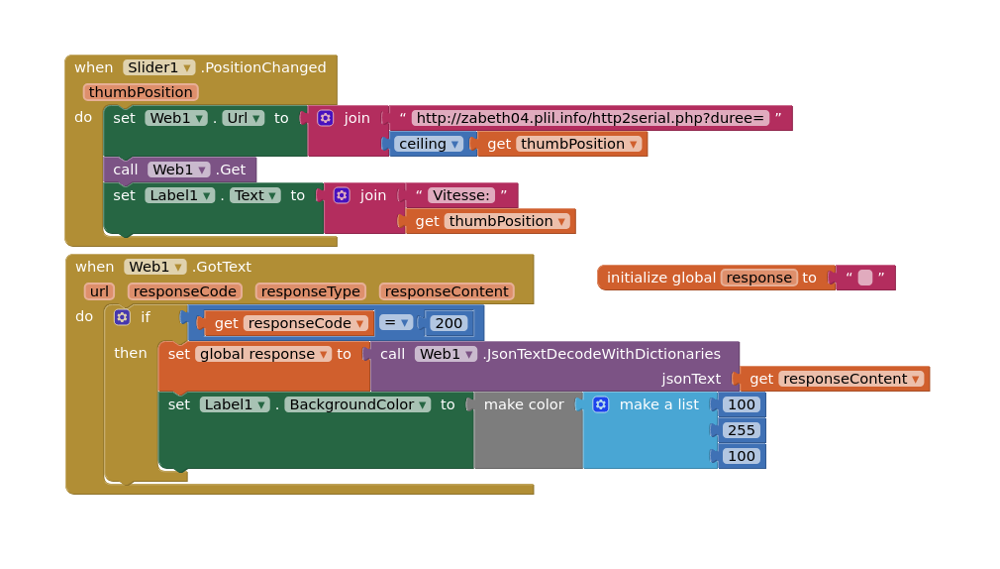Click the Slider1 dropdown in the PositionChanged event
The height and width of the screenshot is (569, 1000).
(x=158, y=67)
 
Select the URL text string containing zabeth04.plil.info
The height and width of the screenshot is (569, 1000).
(x=590, y=118)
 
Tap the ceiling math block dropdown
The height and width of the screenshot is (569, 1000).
(x=429, y=145)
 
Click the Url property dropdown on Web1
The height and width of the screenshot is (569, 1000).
(x=243, y=118)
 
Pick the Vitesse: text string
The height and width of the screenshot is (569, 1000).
(x=461, y=195)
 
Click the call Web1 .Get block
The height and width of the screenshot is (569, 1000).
(x=180, y=170)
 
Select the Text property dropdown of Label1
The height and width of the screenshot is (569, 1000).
(x=255, y=195)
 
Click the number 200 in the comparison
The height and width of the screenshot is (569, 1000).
(x=449, y=323)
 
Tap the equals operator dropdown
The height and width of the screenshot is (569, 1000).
(x=396, y=323)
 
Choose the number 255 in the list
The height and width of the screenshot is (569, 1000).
(x=741, y=430)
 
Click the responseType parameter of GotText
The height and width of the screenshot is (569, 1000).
(x=311, y=291)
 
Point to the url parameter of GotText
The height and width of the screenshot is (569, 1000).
(x=99, y=291)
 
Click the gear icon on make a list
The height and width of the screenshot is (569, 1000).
(x=601, y=404)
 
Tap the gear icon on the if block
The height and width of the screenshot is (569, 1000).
(x=122, y=317)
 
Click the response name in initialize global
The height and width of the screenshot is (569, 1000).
(x=759, y=278)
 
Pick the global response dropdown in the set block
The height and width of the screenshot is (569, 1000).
(x=262, y=355)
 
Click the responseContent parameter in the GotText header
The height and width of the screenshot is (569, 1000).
(x=447, y=291)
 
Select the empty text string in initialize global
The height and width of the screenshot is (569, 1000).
(x=864, y=278)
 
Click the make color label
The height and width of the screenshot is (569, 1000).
(x=524, y=404)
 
